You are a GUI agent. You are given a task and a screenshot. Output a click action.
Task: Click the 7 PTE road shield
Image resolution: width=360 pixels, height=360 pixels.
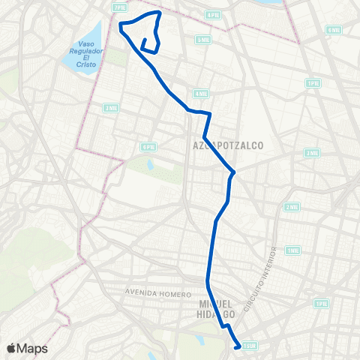[119, 7]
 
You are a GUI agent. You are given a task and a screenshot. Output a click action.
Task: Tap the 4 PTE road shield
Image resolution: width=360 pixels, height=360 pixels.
[213, 14]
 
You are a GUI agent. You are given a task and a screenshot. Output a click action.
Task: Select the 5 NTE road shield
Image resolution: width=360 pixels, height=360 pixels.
[202, 39]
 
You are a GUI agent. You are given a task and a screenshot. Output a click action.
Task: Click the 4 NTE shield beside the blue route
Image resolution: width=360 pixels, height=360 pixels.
[199, 94]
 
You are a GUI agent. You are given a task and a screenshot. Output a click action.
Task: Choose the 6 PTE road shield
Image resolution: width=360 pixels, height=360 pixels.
[147, 147]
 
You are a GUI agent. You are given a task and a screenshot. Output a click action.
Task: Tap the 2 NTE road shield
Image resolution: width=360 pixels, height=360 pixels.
[292, 207]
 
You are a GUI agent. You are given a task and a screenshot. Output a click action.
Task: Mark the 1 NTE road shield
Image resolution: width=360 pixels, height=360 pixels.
[292, 250]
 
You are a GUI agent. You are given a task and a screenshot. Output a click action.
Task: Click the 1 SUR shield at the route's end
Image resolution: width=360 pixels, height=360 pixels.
[250, 346]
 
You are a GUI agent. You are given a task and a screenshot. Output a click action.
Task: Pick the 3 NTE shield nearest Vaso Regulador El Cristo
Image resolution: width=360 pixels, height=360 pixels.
[111, 108]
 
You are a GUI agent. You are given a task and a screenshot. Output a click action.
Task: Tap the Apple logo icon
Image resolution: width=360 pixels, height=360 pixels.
[11, 348]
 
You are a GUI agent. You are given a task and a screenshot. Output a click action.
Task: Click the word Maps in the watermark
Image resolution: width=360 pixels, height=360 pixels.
[32, 348]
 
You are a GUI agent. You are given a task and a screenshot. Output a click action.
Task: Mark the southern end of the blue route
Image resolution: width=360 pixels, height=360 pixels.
[237, 346]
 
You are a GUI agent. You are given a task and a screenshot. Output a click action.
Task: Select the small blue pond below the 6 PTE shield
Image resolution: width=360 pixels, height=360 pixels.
[150, 163]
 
